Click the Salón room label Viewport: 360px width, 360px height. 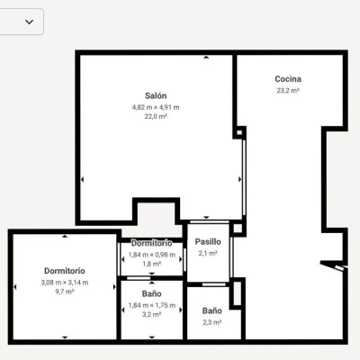(x=156, y=95)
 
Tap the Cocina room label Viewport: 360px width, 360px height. (x=288, y=79)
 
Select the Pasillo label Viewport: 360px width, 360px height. (x=208, y=241)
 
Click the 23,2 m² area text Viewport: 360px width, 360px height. (x=288, y=90)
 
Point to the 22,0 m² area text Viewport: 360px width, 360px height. (x=156, y=116)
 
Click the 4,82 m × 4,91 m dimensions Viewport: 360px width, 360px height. (x=156, y=107)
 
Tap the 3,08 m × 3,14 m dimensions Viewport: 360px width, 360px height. (x=65, y=283)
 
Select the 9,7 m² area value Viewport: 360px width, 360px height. (x=65, y=292)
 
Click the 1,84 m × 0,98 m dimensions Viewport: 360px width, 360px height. (x=152, y=255)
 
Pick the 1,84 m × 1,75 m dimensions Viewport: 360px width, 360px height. (x=152, y=305)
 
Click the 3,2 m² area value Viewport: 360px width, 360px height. (x=152, y=314)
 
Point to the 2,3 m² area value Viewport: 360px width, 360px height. (x=212, y=322)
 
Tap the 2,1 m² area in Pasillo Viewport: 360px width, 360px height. (x=208, y=253)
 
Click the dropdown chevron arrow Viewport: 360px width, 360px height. (x=30, y=22)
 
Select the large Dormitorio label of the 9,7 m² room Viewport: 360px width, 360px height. (x=65, y=271)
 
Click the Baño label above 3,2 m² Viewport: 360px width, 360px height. (x=152, y=293)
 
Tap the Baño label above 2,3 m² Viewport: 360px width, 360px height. (x=212, y=310)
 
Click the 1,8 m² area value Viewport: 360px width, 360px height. (x=152, y=264)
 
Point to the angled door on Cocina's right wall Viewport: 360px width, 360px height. (x=334, y=266)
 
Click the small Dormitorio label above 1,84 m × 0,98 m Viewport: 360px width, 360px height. (x=152, y=243)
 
